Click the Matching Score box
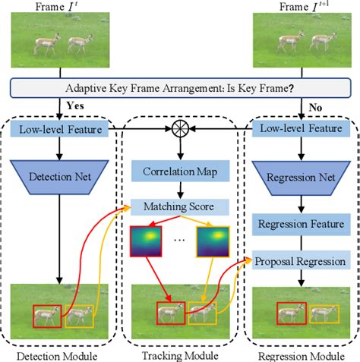tap(180, 206)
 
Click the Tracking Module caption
tap(180, 355)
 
